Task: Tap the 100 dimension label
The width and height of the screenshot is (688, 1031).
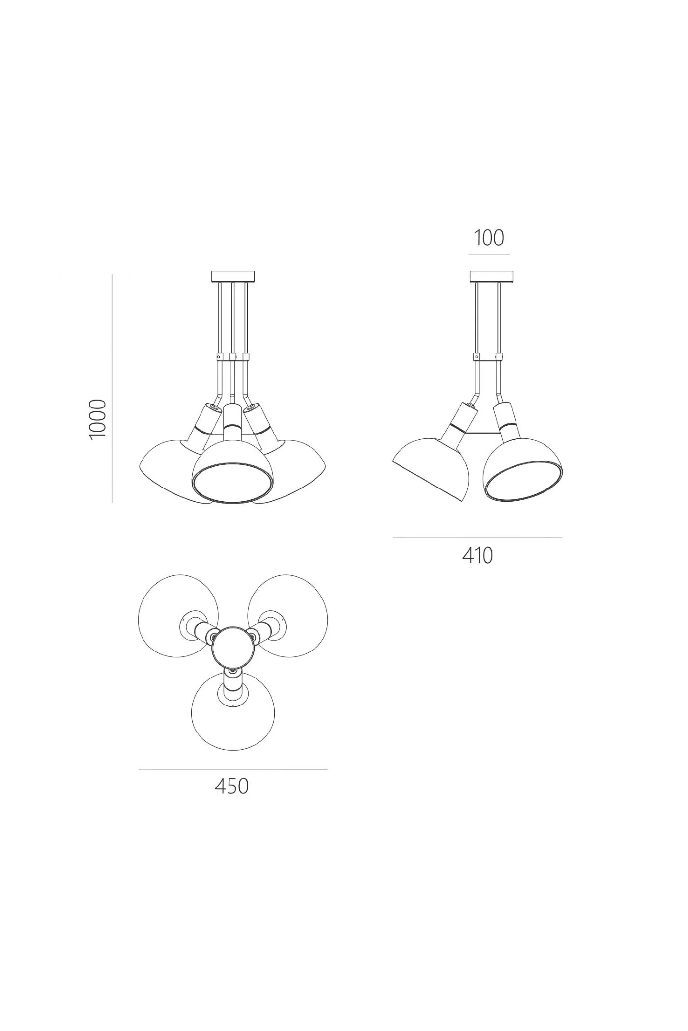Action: [x=489, y=238]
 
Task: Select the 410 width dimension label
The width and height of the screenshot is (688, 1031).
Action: [x=478, y=556]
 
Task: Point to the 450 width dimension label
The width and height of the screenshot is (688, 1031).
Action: [x=232, y=787]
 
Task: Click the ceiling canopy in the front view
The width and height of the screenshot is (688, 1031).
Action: [x=233, y=277]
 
